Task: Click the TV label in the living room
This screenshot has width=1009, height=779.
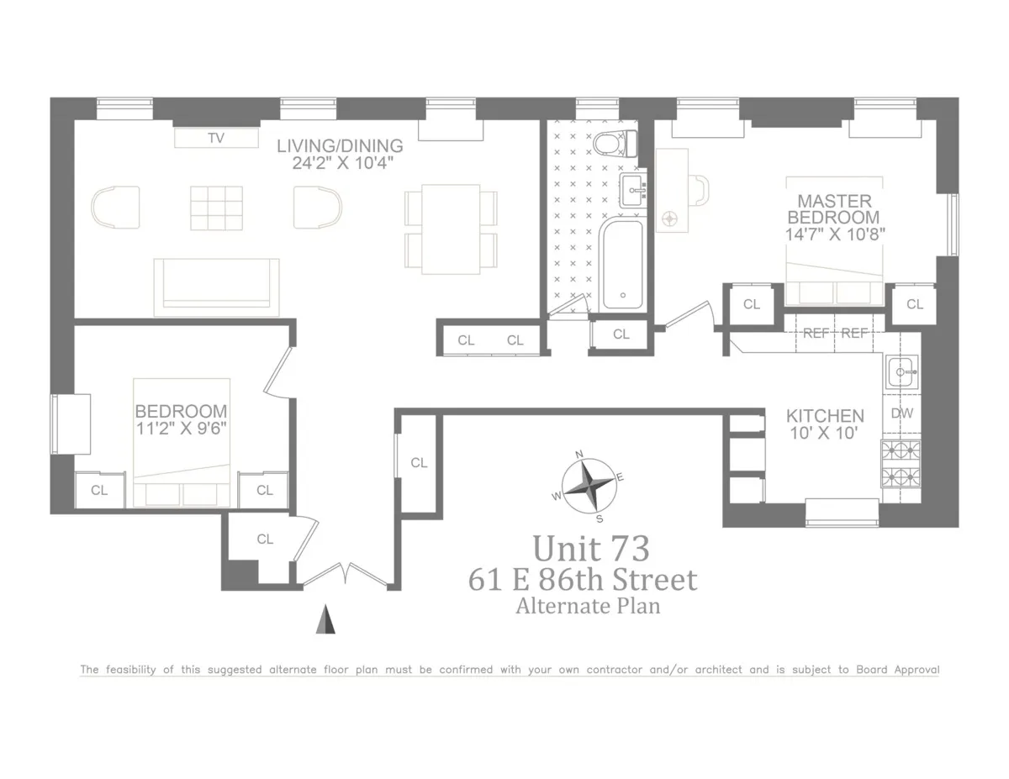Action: [x=216, y=139]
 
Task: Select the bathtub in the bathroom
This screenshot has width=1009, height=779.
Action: [x=622, y=263]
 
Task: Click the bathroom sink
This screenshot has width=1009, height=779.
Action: [x=632, y=192]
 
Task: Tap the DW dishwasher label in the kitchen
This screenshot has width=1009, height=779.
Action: [x=901, y=413]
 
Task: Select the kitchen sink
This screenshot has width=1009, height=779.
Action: [x=902, y=371]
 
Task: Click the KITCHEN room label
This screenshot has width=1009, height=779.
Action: [x=825, y=416]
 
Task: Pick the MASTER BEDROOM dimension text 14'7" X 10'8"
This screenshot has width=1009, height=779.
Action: [x=834, y=234]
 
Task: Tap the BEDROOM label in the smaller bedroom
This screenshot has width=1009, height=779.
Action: [x=181, y=411]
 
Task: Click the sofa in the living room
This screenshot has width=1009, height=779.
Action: [x=216, y=287]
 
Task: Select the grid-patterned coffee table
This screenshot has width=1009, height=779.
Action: [x=216, y=207]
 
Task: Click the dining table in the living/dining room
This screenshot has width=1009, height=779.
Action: [x=451, y=228]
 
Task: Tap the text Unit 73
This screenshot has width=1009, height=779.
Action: [x=591, y=549]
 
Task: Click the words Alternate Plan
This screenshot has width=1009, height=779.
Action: [x=588, y=605]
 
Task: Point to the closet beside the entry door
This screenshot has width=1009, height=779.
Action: [x=265, y=540]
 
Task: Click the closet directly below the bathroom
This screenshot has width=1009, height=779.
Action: [x=621, y=334]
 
